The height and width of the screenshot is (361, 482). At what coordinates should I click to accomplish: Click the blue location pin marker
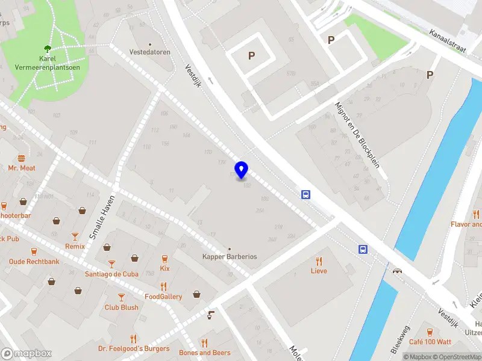pos(242,170)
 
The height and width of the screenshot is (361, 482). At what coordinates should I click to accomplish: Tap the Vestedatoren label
pos(150,52)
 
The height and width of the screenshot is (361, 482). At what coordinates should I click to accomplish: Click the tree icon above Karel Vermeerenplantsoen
pos(47,48)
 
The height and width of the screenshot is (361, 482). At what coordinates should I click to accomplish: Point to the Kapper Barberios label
pos(230,256)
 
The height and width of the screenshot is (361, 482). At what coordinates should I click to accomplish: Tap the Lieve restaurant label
pos(319,271)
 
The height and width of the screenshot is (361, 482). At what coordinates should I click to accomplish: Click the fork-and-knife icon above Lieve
pos(319,261)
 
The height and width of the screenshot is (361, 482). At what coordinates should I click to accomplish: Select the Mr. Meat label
pos(22,168)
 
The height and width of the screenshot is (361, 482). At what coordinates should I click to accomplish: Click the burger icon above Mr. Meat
pos(22,158)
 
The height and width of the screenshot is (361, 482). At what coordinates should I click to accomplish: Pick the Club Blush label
pos(121,307)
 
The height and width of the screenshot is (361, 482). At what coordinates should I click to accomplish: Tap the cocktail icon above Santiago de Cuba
pos(111,264)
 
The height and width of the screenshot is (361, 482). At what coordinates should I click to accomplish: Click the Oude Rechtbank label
pos(34,262)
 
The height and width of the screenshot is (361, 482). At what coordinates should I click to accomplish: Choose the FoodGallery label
pos(163,297)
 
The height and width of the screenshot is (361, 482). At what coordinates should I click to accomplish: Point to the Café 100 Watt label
pos(430,342)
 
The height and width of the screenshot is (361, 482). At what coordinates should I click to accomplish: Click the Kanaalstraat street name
pos(448,42)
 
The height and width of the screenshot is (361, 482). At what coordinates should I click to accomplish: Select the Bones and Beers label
pos(205,353)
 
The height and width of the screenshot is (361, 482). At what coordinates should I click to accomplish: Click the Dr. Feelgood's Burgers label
pos(134,349)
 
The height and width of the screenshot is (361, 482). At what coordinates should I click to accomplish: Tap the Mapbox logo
pos(26,353)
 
